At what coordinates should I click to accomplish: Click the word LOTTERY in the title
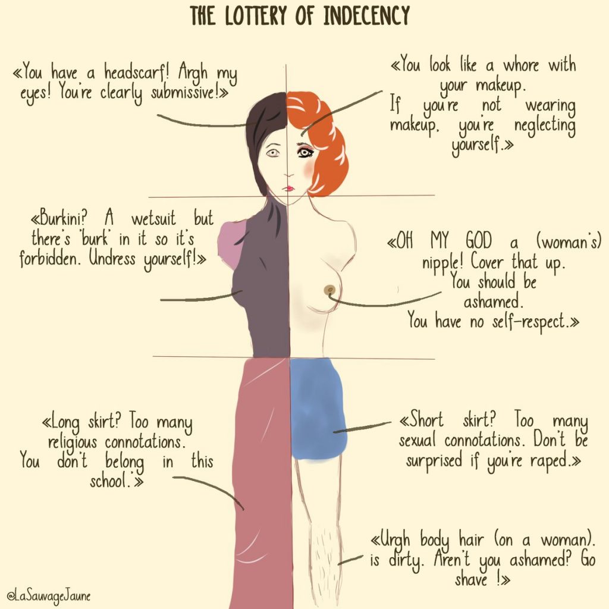[x=256, y=16]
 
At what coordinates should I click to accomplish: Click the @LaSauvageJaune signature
[x=49, y=595]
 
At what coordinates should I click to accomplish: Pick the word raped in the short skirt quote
[x=550, y=461]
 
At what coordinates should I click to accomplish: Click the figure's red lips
[x=289, y=188]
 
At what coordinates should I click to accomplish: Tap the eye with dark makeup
[x=306, y=152]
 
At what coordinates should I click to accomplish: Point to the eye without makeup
[x=272, y=153]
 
